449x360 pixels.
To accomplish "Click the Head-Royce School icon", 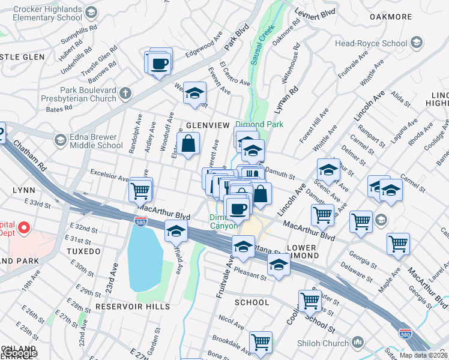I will pos(417,43).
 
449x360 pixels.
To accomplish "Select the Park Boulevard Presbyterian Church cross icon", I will pos(125,94).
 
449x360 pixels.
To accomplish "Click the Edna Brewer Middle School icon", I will pos(59,140).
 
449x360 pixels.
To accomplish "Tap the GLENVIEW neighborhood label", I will pos(208,125).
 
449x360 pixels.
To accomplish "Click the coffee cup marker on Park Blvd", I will pos(160,63).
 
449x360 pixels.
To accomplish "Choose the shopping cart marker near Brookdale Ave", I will pos(261,343).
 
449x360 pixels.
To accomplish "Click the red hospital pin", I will pos(23,228).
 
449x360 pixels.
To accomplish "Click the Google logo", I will pos(19,353).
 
